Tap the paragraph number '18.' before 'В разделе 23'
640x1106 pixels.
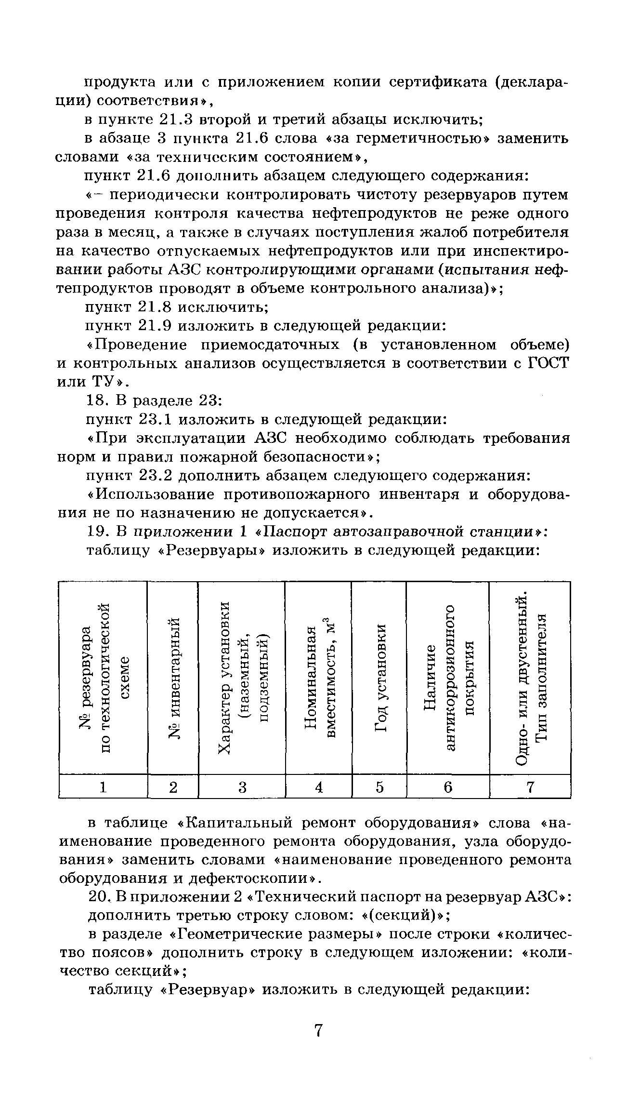(96, 401)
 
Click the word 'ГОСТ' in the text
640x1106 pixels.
(549, 363)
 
